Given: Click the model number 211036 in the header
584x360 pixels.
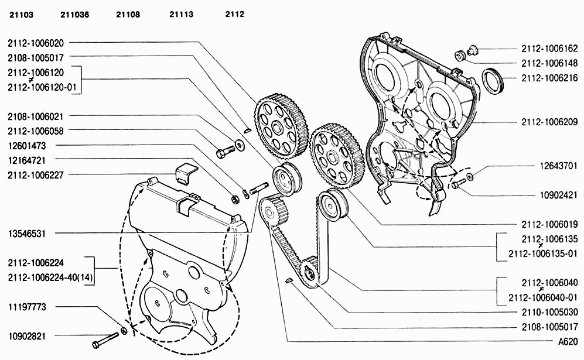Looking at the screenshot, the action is point(74,15).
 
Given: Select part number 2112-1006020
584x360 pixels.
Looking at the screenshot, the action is point(36,43).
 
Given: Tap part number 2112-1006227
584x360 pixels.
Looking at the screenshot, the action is point(36,175).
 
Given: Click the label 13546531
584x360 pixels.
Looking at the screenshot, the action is point(27,234).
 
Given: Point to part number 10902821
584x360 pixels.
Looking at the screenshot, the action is point(27,336).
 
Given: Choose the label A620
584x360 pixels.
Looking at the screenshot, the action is point(568,341).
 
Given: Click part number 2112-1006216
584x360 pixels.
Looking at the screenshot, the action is point(549,78).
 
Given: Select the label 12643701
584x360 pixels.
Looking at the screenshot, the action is point(559,166).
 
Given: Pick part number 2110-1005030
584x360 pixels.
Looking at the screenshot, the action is point(549,312).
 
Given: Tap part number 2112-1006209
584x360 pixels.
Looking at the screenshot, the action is point(549,122).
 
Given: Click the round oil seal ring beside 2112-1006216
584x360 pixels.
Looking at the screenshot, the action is point(493,80).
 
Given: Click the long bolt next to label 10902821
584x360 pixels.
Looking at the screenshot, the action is point(105,340).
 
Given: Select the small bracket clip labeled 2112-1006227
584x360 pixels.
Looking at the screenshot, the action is point(186,173).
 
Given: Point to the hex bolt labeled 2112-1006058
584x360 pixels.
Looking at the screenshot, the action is point(225,151).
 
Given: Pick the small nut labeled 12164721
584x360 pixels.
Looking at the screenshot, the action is point(235,200).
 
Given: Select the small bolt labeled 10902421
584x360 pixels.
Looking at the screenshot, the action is point(458,183).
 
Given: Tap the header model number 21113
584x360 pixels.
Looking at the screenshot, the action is point(182,15).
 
